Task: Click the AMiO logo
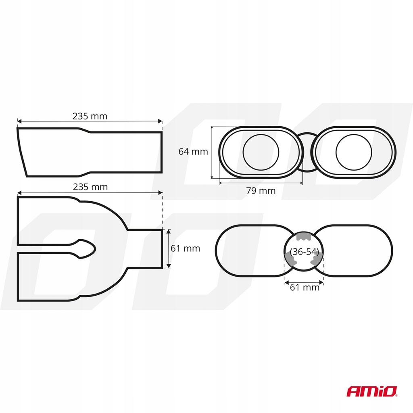(x=371, y=391)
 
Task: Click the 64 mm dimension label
(x=193, y=152)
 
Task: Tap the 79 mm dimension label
(x=261, y=190)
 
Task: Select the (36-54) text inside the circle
(x=304, y=252)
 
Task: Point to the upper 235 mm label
(x=90, y=116)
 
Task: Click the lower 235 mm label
(x=90, y=187)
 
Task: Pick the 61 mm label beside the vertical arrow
(x=185, y=248)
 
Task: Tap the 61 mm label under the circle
(x=305, y=287)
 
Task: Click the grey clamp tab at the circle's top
(x=304, y=236)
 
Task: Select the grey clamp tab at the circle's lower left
(x=290, y=259)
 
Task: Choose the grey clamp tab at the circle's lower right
(x=317, y=259)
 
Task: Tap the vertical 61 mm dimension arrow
(x=169, y=248)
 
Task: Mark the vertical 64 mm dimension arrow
(x=212, y=152)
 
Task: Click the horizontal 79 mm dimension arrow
(x=261, y=182)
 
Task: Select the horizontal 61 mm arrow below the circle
(x=304, y=283)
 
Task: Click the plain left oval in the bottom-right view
(x=216, y=250)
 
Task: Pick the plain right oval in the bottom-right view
(x=392, y=250)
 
